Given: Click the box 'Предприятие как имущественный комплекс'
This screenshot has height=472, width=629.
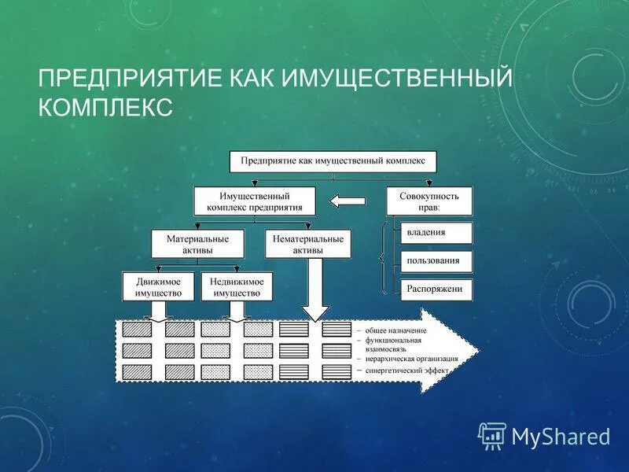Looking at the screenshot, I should click(x=333, y=161).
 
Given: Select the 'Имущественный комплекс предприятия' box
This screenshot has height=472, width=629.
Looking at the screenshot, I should click(x=255, y=201).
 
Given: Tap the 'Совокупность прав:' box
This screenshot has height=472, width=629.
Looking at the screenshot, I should click(x=429, y=201).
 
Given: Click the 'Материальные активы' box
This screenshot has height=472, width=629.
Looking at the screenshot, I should click(x=197, y=244).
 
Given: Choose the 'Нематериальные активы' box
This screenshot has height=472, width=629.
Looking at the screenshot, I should click(x=307, y=244).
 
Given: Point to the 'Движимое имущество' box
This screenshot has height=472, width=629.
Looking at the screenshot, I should click(x=158, y=286).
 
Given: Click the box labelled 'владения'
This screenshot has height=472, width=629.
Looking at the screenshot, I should click(x=437, y=233).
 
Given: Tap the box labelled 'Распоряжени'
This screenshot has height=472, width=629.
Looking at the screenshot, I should click(x=437, y=289).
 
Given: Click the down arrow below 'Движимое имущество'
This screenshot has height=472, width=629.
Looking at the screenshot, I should click(x=158, y=311).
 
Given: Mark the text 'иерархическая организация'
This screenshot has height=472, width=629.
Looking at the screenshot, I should click(x=411, y=358).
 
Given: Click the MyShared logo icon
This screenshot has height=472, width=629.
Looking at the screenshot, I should click(x=492, y=435).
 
